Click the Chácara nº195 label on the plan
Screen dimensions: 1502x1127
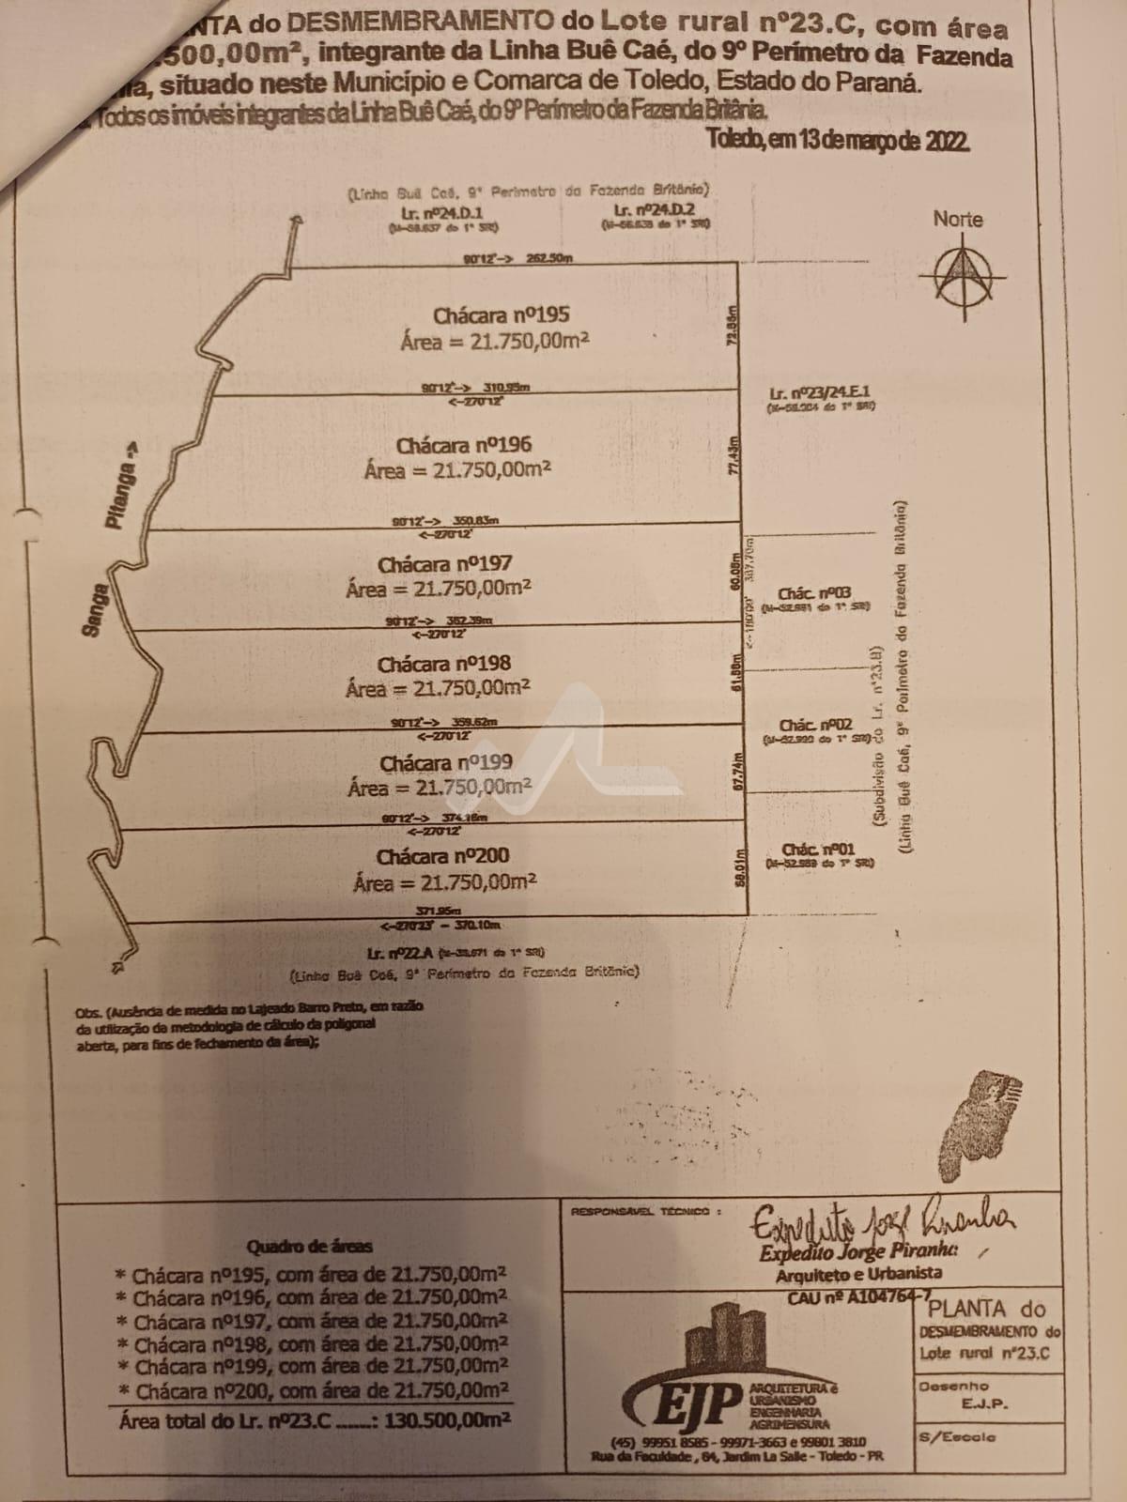(500, 315)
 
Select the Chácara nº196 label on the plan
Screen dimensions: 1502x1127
(463, 445)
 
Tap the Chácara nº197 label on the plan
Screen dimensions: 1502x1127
(445, 565)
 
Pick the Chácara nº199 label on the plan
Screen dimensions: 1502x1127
(445, 763)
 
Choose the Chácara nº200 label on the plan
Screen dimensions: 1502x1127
(443, 857)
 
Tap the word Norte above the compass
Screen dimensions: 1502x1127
(958, 220)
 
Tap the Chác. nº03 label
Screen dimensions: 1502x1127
(814, 593)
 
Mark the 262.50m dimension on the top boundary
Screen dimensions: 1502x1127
(549, 258)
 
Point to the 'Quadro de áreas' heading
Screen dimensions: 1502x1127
(309, 1247)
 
